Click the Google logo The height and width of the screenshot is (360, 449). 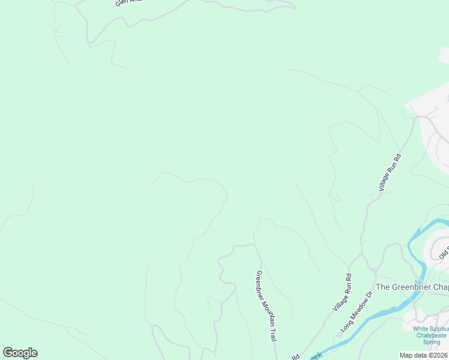point(20,353)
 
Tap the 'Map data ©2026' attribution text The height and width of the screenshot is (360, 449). point(424,355)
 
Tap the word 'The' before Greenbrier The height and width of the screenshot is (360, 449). point(383,287)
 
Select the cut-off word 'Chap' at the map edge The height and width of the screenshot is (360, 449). point(441,287)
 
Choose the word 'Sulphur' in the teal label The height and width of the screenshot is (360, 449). point(441,328)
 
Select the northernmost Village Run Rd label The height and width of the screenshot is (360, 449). point(390,172)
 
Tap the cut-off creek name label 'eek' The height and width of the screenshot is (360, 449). point(316,355)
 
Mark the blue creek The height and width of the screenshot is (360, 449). point(384,313)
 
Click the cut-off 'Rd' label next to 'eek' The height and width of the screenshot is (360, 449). point(295,356)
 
